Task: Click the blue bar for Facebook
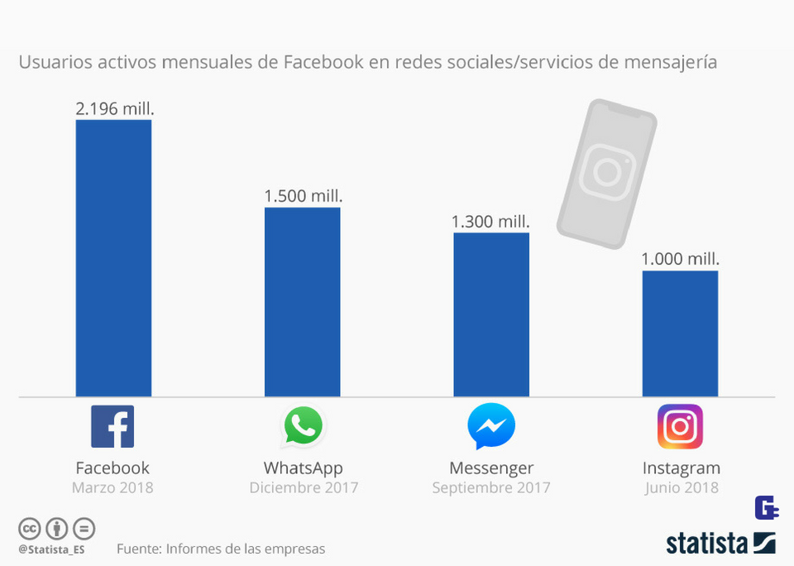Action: coord(113,258)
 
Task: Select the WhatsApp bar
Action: coord(302,302)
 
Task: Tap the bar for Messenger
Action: coord(491,314)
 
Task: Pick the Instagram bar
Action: coord(680,333)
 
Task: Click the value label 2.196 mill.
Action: coord(115,108)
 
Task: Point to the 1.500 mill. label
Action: coord(303,196)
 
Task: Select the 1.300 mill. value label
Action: coord(490,222)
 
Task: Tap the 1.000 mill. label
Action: coord(680,259)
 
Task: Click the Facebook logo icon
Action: coord(112,427)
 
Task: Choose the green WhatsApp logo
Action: coord(303,426)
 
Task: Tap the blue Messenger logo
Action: coord(491,427)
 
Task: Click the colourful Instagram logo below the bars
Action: coord(680,427)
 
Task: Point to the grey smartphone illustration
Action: coord(606,174)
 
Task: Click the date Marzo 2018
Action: coord(112,487)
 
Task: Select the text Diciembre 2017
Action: coord(304,487)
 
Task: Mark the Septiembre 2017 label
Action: coord(491,487)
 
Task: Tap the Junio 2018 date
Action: coord(682,487)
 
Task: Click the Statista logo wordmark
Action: coord(720,543)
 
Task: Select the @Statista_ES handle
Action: coord(51,549)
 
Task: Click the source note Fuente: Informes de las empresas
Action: coord(221,549)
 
